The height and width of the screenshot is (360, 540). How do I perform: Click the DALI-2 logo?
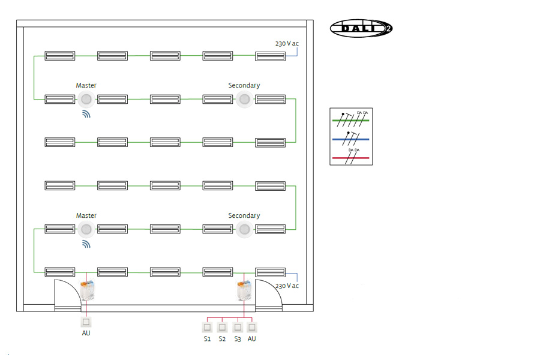[x=361, y=28]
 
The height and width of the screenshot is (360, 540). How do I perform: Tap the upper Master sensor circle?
[x=86, y=99]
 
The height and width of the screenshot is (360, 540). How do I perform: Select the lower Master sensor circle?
[x=86, y=229]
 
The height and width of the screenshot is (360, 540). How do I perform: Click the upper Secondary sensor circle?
[x=244, y=99]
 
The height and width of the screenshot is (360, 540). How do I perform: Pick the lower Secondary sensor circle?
[x=244, y=229]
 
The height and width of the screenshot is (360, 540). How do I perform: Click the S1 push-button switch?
[x=207, y=328]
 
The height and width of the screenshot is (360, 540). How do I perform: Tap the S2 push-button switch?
[x=222, y=328]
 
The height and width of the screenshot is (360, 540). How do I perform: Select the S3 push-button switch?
[x=238, y=328]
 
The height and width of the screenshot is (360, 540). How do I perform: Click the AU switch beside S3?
[x=252, y=328]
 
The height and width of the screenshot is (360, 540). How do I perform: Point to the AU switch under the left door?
[x=86, y=322]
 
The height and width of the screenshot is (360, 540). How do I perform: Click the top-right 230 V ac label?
[x=287, y=44]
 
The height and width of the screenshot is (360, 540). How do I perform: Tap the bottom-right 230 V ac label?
[x=287, y=286]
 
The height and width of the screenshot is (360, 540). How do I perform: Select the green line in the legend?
[x=351, y=121]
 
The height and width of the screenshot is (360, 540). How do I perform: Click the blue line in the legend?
[x=351, y=139]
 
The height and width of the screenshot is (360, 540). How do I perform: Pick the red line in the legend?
[x=351, y=157]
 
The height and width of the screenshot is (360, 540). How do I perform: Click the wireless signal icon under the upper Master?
[x=86, y=114]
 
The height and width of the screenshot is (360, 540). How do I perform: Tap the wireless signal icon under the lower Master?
[x=86, y=244]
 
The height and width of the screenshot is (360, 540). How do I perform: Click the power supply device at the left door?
[x=88, y=291]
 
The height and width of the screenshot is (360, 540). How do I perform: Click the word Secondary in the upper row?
[x=244, y=86]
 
